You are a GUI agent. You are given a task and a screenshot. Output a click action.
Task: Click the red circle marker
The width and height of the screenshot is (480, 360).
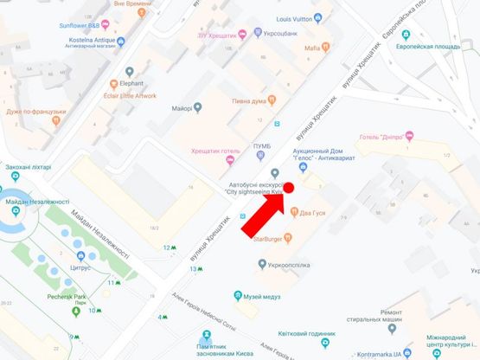point(290,188)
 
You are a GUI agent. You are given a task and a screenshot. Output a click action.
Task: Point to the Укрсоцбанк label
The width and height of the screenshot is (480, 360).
point(281,35)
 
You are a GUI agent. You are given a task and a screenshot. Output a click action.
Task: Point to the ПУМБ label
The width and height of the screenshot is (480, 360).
point(260,145)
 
